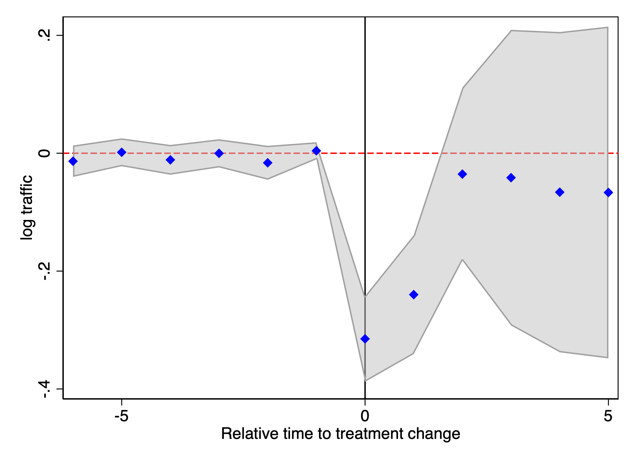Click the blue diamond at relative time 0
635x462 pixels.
365,339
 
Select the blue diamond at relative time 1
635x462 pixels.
413,295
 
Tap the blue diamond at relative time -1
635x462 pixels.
316,151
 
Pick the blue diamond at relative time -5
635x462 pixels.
122,152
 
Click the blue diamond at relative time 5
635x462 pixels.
608,192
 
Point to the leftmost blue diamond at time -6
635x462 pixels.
73,161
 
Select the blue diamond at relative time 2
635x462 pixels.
462,174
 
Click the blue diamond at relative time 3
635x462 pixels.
511,178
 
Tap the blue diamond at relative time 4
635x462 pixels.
559,192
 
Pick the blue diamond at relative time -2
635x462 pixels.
267,163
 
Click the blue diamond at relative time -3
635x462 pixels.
219,153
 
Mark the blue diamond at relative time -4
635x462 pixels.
170,160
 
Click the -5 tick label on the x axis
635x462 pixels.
122,416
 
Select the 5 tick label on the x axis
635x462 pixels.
608,416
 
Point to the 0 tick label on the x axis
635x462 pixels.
365,416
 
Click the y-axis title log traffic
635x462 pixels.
27,208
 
